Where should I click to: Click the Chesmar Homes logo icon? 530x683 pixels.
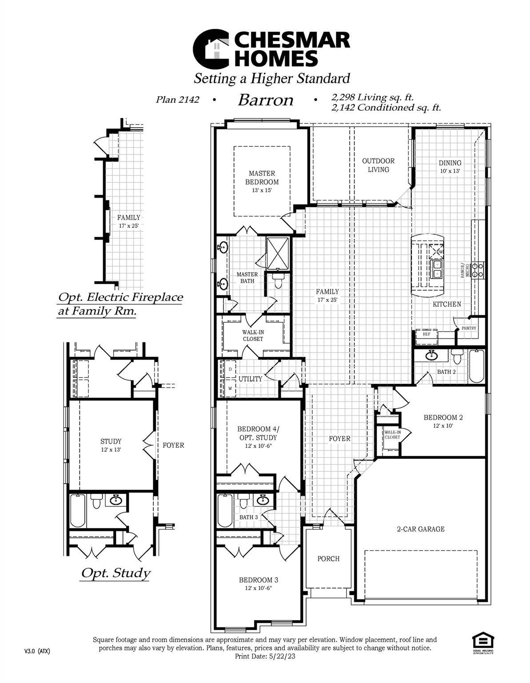point(211,49)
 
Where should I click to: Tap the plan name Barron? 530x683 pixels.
point(266,100)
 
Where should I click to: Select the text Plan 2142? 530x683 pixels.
point(177,100)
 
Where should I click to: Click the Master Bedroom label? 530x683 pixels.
point(262,177)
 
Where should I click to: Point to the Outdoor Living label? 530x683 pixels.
point(378,165)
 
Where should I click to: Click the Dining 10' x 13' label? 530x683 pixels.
point(450,166)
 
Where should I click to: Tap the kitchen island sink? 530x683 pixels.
point(436,269)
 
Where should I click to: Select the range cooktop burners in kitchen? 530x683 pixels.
point(478,270)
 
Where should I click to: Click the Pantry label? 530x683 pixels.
point(469,328)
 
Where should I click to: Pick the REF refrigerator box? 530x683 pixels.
point(426,334)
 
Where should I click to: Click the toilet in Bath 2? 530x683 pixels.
point(457,357)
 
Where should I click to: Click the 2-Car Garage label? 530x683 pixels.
point(420,529)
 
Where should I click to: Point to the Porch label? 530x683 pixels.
point(328,558)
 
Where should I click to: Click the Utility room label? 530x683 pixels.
point(250,379)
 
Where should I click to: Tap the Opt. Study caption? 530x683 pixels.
point(115,573)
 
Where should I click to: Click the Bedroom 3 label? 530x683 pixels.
point(258,580)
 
